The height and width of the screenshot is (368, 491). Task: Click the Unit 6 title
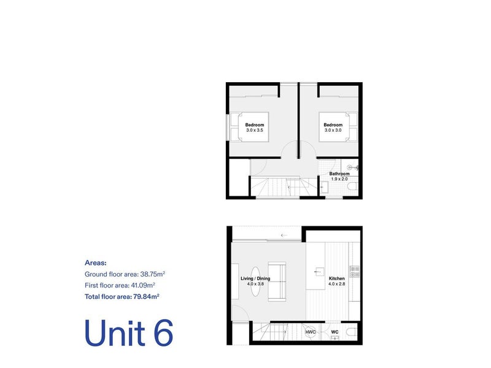coord(129,333)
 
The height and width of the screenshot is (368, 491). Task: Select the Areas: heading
coord(96,263)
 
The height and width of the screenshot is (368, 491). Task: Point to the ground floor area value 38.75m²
coord(152,274)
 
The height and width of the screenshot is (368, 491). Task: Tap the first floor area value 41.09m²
coord(143,285)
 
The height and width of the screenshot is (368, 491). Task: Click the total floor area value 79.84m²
coord(146,297)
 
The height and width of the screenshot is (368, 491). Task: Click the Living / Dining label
coord(255,278)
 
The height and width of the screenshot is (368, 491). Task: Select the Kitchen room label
coord(336,278)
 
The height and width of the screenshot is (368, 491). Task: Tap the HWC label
coord(311,332)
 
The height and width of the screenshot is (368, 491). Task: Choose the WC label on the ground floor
coord(334,332)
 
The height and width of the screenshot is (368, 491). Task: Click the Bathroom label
coord(339,174)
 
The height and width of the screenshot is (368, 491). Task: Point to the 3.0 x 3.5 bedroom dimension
coord(255,130)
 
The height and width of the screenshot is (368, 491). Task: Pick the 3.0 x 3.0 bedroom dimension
coord(333,130)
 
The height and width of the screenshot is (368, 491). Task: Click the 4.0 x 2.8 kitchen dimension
coord(336,284)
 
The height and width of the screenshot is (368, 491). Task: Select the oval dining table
coord(255,282)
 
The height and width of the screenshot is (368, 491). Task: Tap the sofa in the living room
coord(277,282)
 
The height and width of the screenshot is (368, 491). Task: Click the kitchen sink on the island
coord(319,272)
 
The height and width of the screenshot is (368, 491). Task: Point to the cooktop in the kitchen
coord(355,272)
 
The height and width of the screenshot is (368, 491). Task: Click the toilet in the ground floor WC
coord(352,332)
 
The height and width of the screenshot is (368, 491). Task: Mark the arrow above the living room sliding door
coord(284,235)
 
